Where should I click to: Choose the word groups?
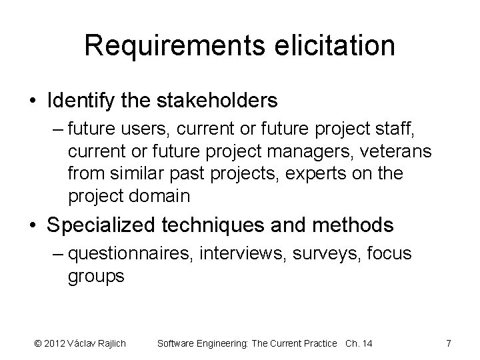click(x=96, y=276)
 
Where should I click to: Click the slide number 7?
click(x=449, y=343)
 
